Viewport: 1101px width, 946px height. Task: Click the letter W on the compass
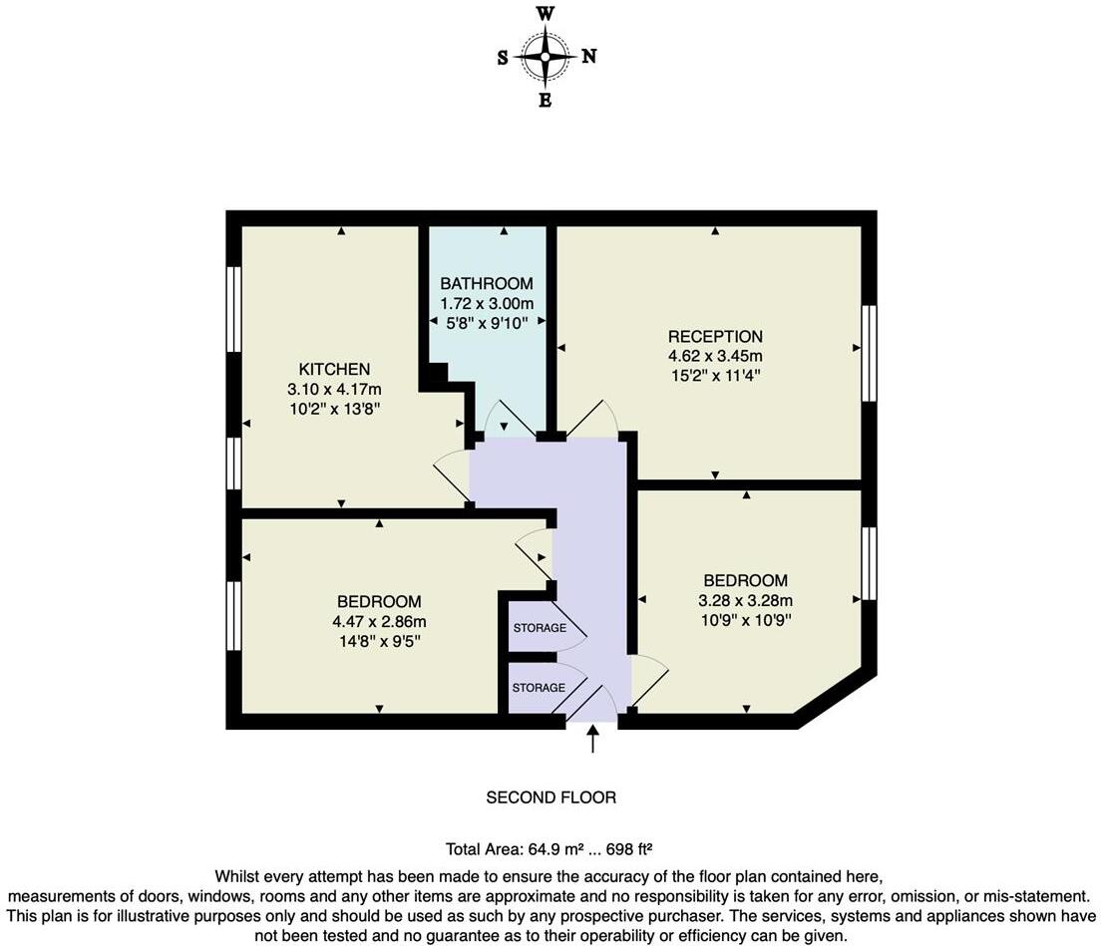[546, 14]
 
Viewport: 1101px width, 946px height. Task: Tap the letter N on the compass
[589, 57]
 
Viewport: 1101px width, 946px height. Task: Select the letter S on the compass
[503, 58]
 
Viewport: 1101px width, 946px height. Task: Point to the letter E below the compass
[545, 100]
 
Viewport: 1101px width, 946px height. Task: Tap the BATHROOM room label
[487, 283]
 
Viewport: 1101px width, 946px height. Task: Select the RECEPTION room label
[715, 337]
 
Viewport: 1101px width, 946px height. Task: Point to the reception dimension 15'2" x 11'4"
[715, 376]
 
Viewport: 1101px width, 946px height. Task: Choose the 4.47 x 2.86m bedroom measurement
[379, 621]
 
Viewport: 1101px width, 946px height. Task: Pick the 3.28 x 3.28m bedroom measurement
[745, 600]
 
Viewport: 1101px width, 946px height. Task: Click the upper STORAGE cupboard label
[540, 628]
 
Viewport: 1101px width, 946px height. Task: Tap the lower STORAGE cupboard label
[539, 688]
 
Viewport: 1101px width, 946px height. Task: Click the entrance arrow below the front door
[593, 740]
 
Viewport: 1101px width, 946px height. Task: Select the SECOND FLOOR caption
[550, 797]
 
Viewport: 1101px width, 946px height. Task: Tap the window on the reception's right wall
[869, 353]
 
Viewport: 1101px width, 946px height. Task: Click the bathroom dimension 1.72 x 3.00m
[487, 302]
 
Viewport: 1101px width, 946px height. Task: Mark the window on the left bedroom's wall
[233, 616]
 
